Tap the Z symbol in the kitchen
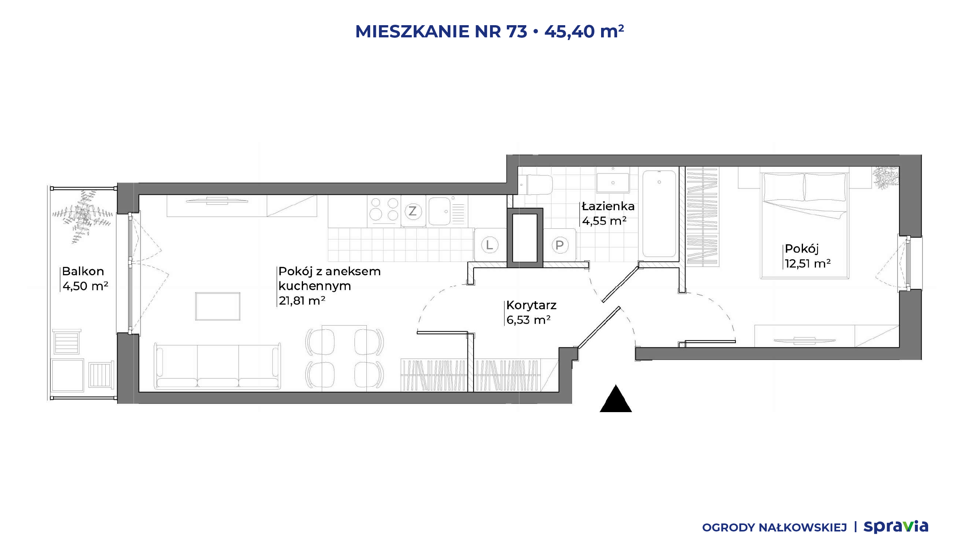tap(413, 211)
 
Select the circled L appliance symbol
tap(490, 245)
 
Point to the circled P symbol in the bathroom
tap(559, 245)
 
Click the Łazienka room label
tap(608, 206)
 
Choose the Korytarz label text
tap(531, 305)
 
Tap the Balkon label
tap(83, 271)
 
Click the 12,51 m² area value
tap(808, 263)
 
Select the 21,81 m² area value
tap(302, 300)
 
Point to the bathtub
tap(659, 213)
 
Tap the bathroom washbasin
tap(613, 183)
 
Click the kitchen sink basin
tap(439, 211)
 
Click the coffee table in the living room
tap(218, 306)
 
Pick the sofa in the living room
tap(218, 366)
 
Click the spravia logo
tap(896, 527)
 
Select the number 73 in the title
tap(517, 31)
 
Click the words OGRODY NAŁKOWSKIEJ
tap(774, 528)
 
